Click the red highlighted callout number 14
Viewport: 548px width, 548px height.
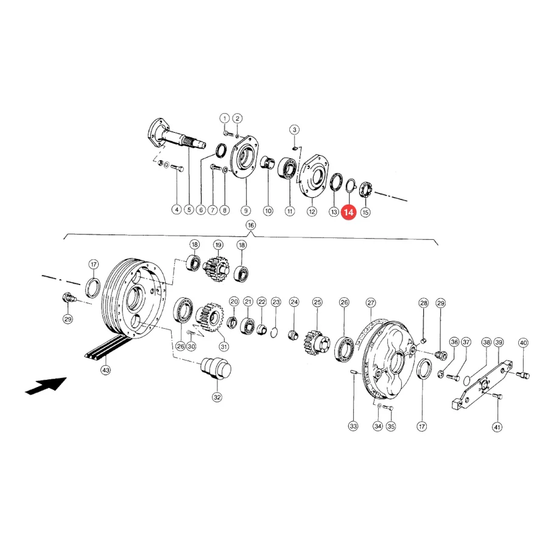click(348, 212)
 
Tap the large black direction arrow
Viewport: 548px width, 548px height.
click(46, 386)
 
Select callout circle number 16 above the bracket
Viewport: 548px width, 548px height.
click(251, 225)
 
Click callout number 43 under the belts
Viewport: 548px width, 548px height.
click(105, 370)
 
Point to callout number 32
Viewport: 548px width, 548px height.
click(217, 397)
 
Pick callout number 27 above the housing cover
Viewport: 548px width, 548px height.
click(371, 303)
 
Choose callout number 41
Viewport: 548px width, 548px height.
click(497, 427)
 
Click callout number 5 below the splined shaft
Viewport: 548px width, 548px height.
click(189, 209)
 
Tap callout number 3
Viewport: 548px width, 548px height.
click(295, 130)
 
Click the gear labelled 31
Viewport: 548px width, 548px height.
click(209, 317)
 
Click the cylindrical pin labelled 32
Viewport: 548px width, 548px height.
click(216, 368)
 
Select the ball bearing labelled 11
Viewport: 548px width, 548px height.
click(287, 169)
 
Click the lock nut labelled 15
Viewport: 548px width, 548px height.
click(366, 189)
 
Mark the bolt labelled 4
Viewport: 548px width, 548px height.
click(177, 169)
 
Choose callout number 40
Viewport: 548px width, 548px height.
click(523, 343)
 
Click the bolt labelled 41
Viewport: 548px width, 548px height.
click(497, 396)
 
